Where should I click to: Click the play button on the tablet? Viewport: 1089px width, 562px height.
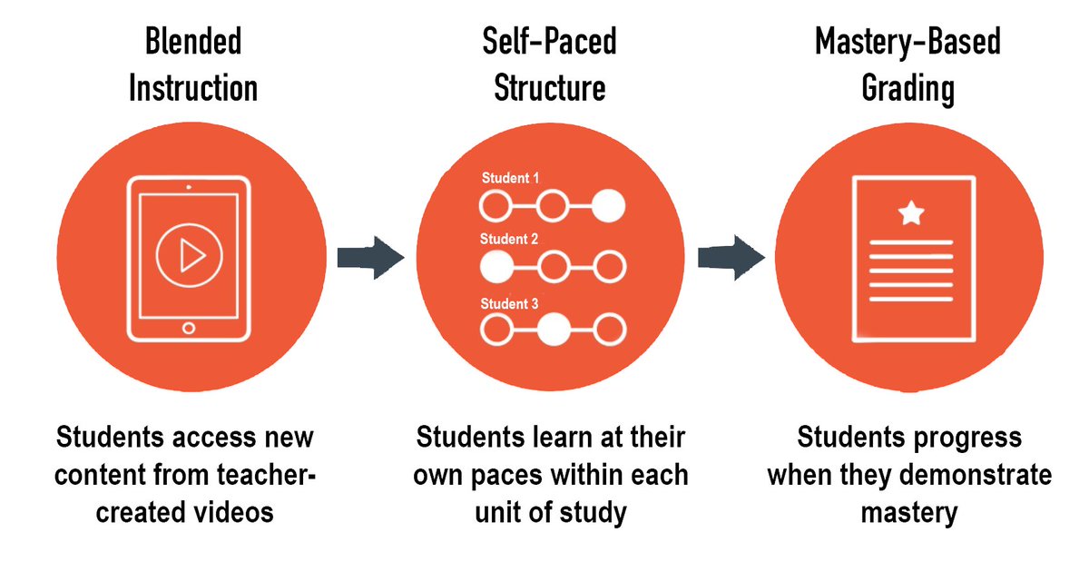tap(188, 256)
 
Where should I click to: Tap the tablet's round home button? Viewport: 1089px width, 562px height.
tap(189, 327)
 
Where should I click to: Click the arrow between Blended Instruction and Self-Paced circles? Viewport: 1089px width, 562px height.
tap(369, 257)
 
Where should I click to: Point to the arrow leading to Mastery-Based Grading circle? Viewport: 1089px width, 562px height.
tap(730, 257)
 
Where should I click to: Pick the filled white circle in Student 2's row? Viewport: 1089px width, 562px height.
tap(495, 267)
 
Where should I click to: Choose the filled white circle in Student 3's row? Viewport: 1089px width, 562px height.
tap(552, 330)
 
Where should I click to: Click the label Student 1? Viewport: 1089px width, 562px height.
tap(510, 178)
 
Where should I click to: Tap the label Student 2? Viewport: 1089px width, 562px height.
tap(509, 240)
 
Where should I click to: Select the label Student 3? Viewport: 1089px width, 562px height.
tap(509, 303)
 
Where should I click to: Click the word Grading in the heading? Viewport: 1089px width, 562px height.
tap(908, 89)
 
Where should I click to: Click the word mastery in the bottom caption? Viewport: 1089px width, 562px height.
tap(909, 512)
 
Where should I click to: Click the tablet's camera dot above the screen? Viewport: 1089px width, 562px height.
tap(188, 187)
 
